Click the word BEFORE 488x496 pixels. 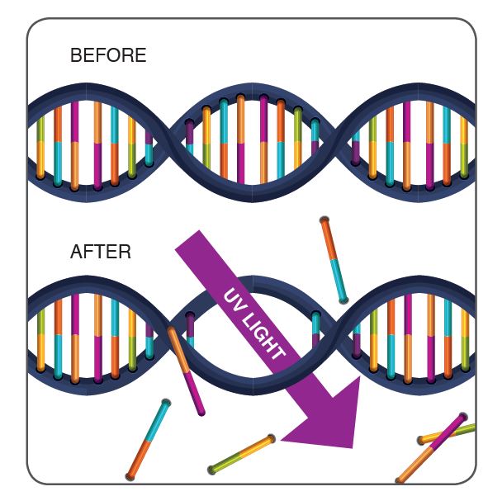click(108, 55)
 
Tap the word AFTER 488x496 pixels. click(101, 252)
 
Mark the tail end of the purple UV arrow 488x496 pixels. click(187, 240)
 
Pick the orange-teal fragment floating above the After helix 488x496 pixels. click(334, 260)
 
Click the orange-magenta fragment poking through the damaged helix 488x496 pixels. click(187, 371)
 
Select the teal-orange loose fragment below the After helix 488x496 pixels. click(148, 440)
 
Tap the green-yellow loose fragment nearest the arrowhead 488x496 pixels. click(241, 455)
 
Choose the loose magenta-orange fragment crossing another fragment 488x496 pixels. click(431, 448)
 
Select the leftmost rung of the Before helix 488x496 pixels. click(40, 148)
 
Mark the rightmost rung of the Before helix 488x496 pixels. click(464, 147)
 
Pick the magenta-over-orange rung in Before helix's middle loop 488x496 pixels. click(263, 139)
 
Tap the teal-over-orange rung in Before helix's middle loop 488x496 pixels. click(224, 139)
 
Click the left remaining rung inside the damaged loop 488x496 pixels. click(190, 329)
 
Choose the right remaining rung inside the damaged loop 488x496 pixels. click(316, 329)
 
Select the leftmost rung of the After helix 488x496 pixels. click(40, 340)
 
